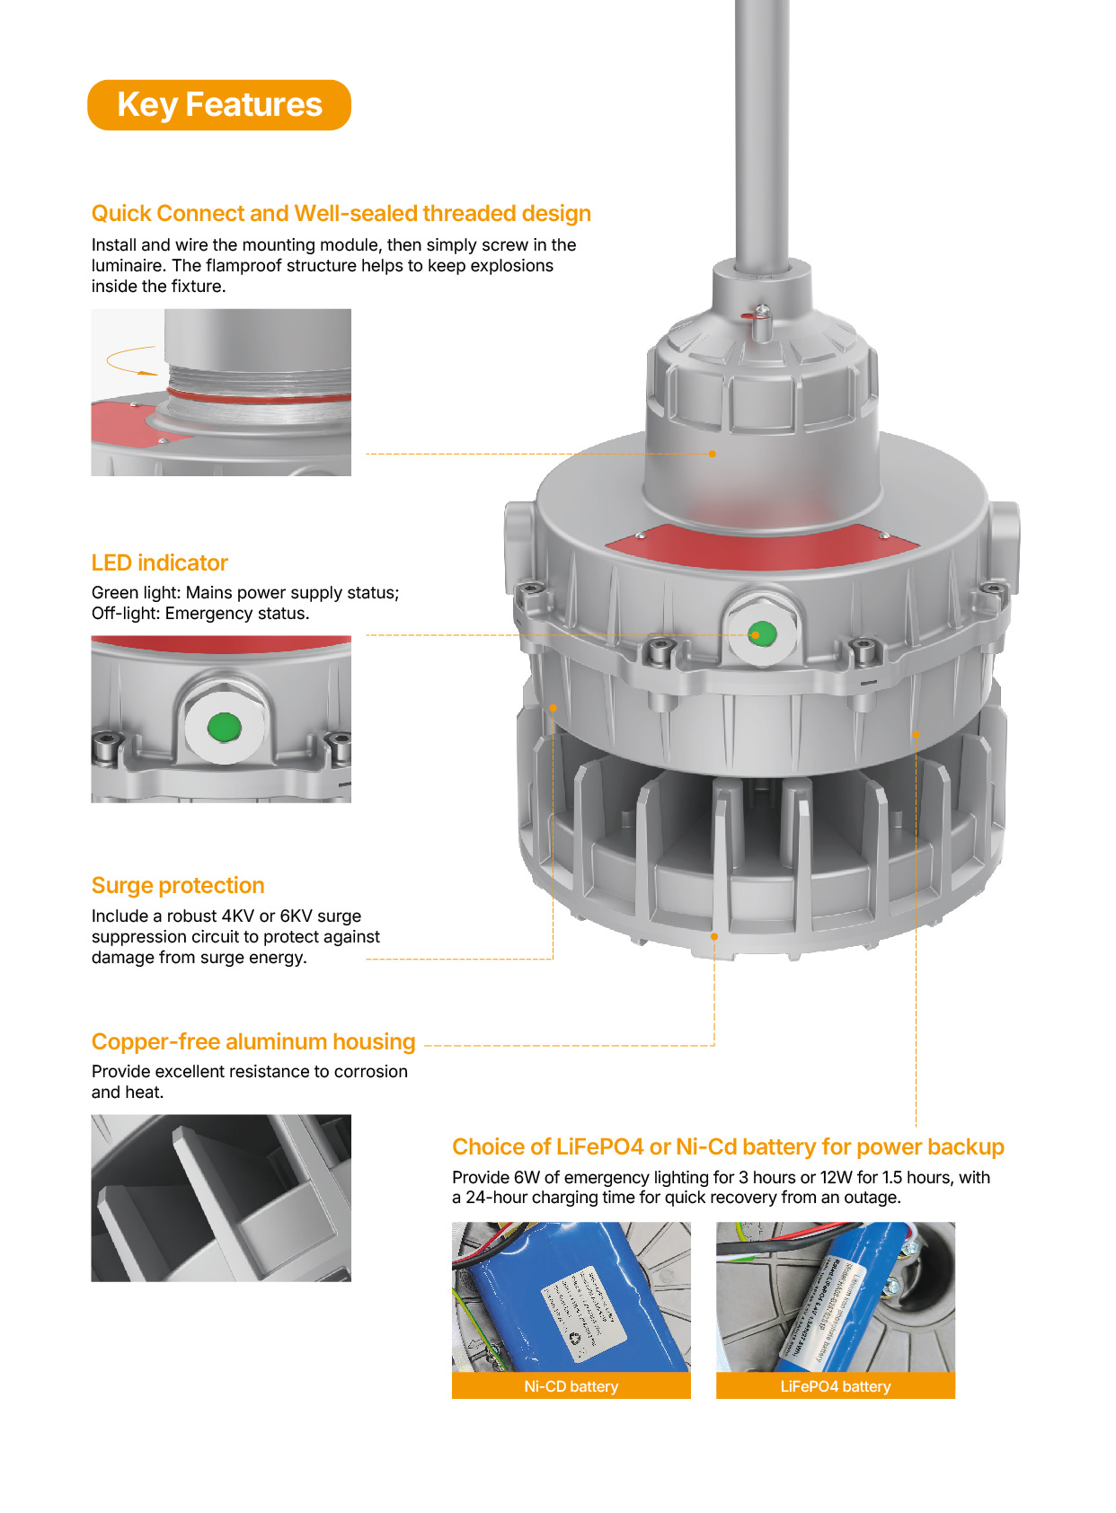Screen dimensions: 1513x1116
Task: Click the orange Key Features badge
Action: (218, 105)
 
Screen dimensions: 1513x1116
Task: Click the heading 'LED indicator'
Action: (159, 562)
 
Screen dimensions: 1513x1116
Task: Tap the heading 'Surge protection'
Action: (178, 885)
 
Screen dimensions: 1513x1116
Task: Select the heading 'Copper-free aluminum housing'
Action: (253, 1041)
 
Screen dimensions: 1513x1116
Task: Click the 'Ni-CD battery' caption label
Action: (571, 1386)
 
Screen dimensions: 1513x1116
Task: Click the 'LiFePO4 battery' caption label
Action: (835, 1386)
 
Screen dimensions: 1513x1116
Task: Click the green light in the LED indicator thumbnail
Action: (224, 727)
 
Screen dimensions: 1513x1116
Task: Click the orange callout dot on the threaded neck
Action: (713, 454)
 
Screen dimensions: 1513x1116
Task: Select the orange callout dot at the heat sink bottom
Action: (714, 936)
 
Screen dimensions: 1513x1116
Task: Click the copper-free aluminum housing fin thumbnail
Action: (221, 1198)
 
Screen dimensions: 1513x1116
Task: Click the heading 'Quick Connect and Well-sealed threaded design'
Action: (341, 213)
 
